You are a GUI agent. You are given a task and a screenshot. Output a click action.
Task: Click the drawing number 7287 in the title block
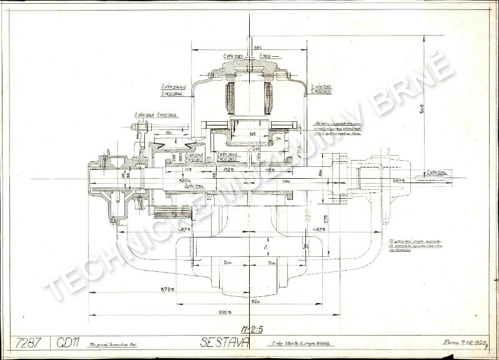tap(29, 342)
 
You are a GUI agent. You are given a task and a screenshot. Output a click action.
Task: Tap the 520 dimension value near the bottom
tap(255, 301)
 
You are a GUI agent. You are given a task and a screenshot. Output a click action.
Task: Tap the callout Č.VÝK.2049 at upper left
tap(145, 115)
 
